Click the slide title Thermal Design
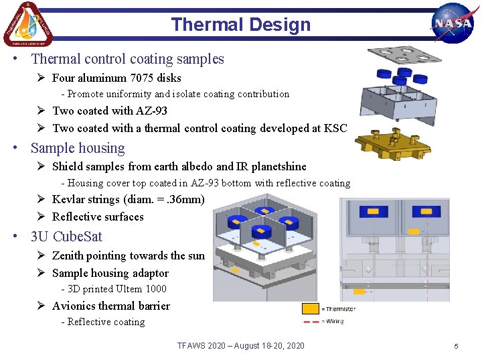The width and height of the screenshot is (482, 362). coord(240,25)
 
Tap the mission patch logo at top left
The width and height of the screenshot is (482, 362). coord(27,24)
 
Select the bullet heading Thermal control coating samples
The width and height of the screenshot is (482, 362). coord(127,59)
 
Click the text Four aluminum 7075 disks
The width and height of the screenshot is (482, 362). coord(116,78)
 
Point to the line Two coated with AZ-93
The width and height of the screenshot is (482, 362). coord(110,111)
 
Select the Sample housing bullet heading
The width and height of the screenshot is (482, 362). coord(78,148)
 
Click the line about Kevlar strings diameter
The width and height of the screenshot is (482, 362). coord(128,199)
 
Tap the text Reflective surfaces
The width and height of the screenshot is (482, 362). coord(98,217)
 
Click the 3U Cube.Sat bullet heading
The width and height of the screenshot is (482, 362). coord(66,237)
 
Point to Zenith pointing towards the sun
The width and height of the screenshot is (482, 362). coord(128,255)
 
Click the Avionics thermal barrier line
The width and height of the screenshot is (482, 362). coord(111,306)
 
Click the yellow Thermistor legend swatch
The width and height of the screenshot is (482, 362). coord(310,309)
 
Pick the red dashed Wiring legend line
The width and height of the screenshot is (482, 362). coord(310,322)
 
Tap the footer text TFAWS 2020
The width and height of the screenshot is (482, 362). coord(240,345)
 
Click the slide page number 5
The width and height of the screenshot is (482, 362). coord(456,346)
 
